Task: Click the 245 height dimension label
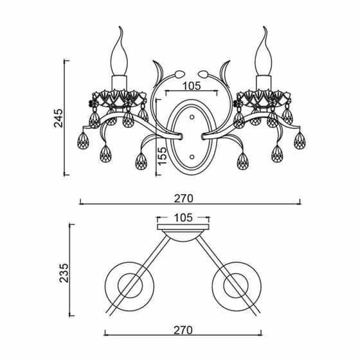coord(58,118)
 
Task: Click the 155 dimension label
coord(162,156)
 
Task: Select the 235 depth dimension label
coord(64,273)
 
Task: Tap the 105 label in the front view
coord(192,86)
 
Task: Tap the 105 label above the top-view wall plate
coord(183,218)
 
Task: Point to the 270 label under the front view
coord(183,199)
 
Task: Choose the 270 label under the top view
coord(183,330)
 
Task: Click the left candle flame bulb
coord(120,51)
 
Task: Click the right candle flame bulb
coord(264,51)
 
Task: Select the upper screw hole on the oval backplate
coord(192,117)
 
